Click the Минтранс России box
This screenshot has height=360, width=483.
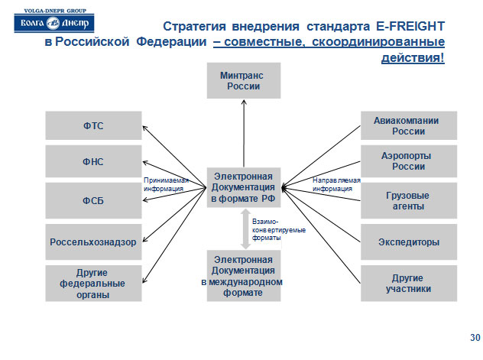(244, 81)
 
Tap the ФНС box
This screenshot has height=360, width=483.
(93, 161)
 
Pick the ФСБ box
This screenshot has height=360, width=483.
(93, 200)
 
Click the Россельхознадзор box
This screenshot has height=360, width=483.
(93, 242)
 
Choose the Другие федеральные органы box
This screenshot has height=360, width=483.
(93, 284)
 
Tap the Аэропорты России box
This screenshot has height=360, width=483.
(408, 161)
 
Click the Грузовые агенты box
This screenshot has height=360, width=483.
(408, 200)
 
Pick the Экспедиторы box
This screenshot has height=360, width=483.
(408, 242)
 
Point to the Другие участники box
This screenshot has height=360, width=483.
(408, 284)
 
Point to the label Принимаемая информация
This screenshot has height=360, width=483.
(164, 184)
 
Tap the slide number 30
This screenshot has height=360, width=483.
(474, 337)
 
